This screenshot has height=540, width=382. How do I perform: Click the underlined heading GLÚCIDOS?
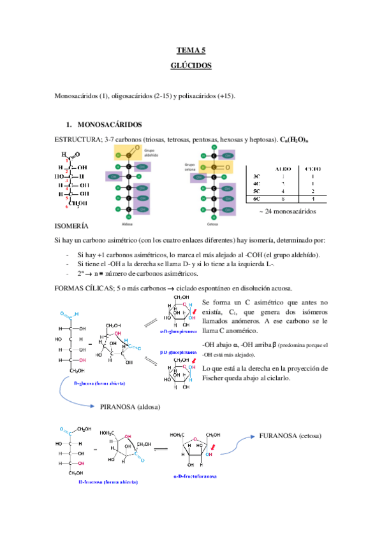tap(191, 66)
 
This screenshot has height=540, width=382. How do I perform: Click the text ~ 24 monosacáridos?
tap(287, 211)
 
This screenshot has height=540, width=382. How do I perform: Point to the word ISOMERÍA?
tap(71, 226)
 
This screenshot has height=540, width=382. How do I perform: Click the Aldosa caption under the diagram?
tap(128, 224)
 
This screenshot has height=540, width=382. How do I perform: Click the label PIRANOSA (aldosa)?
tap(130, 406)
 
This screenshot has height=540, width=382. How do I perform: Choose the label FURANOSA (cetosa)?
tap(290, 436)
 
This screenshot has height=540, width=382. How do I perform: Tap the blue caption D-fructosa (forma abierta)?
tap(108, 482)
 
